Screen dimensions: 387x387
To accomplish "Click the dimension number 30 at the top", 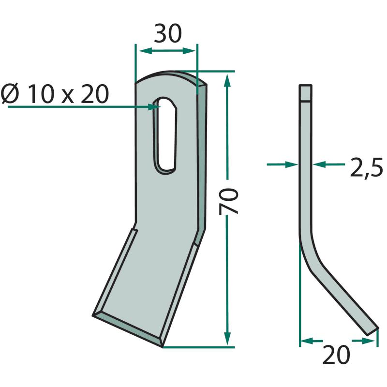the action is coord(168,33).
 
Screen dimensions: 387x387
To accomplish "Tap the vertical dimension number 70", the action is coord(228,201).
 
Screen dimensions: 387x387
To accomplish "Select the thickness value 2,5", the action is coord(367,167).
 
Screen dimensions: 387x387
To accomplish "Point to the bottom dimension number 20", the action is coord(336,355).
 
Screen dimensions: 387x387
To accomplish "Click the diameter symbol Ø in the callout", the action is coord(10,93).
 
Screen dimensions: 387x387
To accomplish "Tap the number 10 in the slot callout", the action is coord(41,93).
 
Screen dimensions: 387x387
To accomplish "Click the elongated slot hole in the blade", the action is coord(165,135).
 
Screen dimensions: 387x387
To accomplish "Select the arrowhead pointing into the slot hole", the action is coord(154,107).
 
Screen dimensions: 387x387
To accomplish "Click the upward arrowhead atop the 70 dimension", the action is coord(227,80).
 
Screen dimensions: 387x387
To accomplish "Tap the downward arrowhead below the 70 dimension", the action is coord(227,338).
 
